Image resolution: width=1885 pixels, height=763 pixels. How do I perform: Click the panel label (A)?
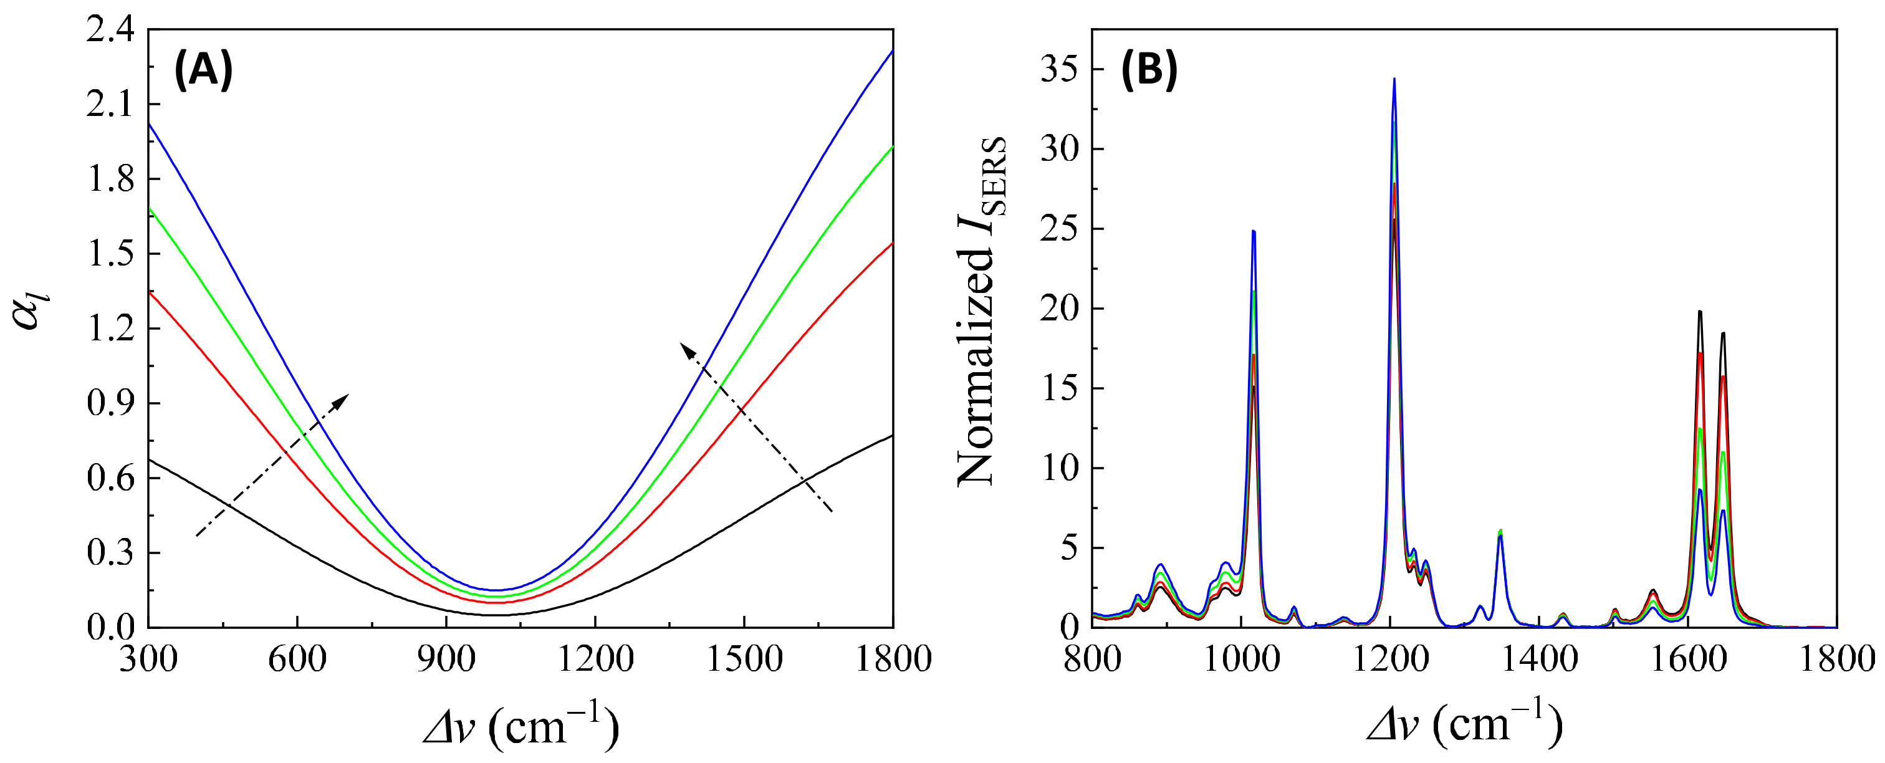click(203, 71)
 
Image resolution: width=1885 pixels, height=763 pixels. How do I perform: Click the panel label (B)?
click(1149, 71)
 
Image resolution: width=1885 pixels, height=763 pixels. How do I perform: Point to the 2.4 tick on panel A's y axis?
click(110, 31)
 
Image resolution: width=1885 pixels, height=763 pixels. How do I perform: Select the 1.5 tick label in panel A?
click(110, 254)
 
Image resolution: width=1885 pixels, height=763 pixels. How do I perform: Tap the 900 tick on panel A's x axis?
click(446, 659)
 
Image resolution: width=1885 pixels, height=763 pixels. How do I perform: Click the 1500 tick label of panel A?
click(744, 659)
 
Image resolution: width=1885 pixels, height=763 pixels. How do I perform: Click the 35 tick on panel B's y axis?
click(1059, 69)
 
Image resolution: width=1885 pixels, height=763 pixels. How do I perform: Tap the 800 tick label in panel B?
click(1091, 659)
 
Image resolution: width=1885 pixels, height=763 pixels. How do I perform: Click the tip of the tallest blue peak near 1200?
click(1394, 79)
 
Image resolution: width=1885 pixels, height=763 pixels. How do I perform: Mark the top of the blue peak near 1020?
click(1254, 231)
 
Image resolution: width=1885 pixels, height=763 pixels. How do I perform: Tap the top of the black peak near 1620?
click(1700, 312)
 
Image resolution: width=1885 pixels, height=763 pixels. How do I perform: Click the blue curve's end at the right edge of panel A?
click(892, 50)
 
